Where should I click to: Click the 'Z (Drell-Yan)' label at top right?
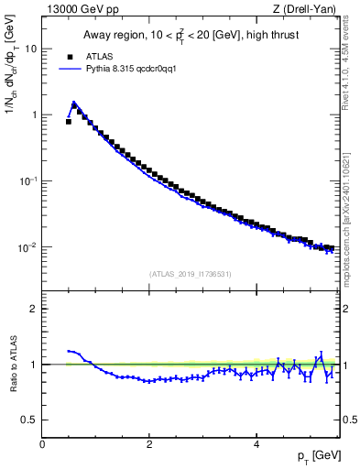point(311,10)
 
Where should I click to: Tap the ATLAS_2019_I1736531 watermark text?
point(191,273)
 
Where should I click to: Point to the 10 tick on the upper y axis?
point(30,49)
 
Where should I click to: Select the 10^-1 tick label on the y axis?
point(27,181)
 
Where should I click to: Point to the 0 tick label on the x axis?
point(42,444)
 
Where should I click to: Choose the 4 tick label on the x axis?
point(256,444)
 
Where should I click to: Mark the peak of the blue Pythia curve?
point(73,103)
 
